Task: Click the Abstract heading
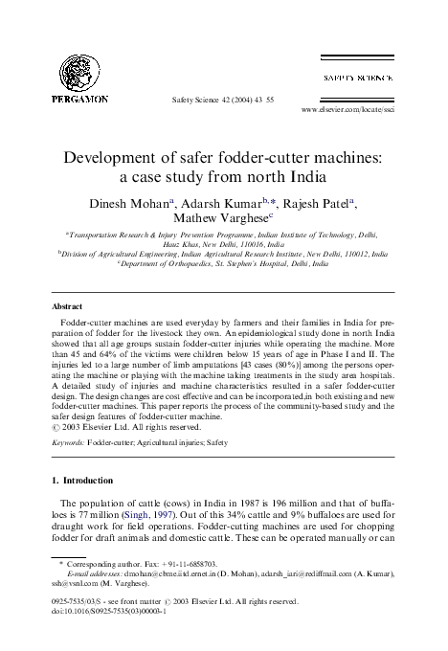(x=65, y=307)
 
